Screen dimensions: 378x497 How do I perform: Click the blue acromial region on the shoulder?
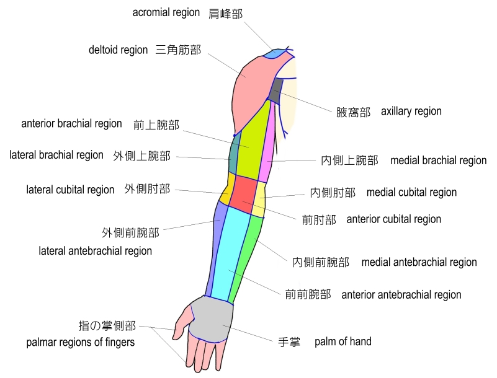pyautogui.click(x=275, y=55)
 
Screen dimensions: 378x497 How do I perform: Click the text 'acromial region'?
pyautogui.click(x=166, y=12)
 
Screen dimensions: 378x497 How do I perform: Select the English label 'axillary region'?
pyautogui.click(x=411, y=112)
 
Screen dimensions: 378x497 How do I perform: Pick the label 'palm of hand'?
pyautogui.click(x=343, y=341)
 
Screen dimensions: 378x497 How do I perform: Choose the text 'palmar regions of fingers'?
pyautogui.click(x=81, y=342)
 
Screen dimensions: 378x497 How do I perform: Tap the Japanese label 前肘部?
pyautogui.click(x=319, y=219)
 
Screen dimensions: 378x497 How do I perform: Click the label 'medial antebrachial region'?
pyautogui.click(x=419, y=262)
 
